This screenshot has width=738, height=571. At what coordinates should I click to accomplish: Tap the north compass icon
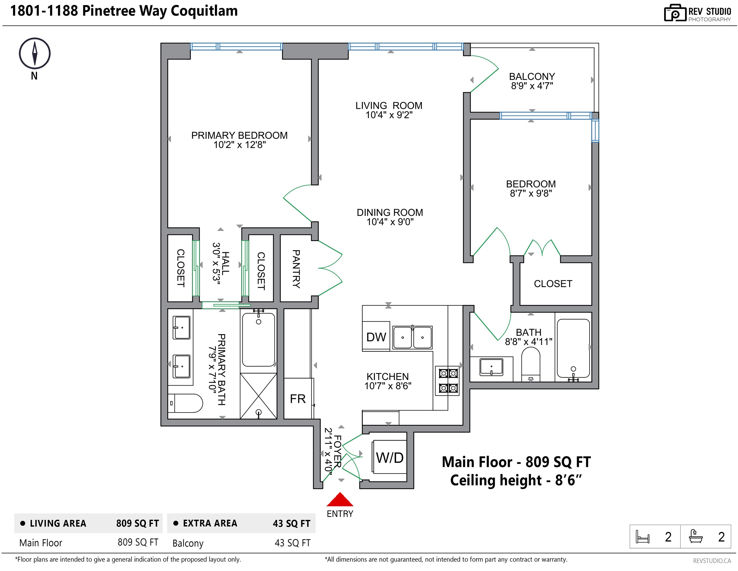point(34,53)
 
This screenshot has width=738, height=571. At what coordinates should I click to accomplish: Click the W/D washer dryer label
point(390,458)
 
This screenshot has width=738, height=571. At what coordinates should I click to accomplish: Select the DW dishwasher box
point(376,336)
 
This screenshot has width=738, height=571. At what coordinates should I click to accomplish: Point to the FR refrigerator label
point(298,399)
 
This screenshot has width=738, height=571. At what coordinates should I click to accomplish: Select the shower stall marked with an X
point(258,396)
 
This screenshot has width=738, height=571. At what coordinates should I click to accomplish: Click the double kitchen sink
point(412,337)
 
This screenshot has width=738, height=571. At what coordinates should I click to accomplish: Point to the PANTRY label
point(296,269)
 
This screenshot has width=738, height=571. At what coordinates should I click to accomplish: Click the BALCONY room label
point(532,77)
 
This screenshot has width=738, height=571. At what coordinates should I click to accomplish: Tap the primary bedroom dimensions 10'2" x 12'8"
point(240,145)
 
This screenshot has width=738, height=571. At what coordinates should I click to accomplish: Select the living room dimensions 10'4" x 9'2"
point(389,115)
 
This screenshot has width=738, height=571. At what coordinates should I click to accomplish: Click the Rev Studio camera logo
point(675,13)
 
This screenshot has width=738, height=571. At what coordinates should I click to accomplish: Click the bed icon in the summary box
point(642,537)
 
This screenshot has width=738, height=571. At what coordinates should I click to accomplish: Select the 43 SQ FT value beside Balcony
point(292,543)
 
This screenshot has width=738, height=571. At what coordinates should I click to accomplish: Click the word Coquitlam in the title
point(204,11)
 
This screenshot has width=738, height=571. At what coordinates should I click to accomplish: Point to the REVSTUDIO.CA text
point(712,561)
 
